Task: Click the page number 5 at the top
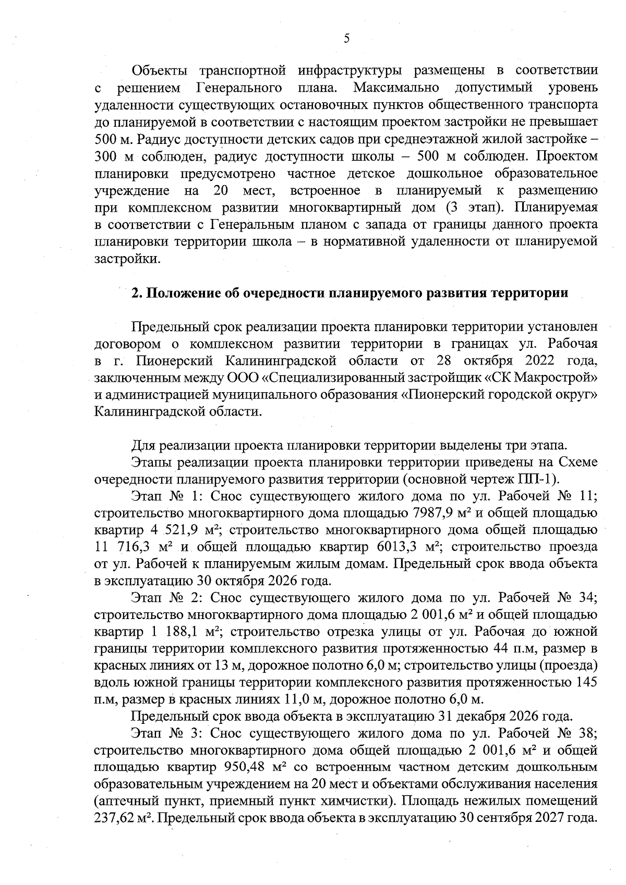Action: (346, 39)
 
